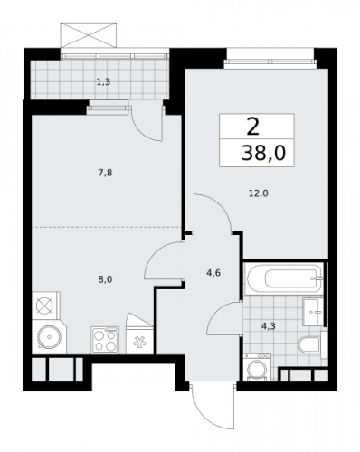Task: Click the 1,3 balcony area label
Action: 103,81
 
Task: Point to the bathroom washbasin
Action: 312,309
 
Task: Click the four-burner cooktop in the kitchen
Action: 105,339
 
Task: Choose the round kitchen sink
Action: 46,339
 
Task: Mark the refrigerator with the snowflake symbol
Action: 139,341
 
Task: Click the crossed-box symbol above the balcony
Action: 89,37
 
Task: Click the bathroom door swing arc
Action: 221,318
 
